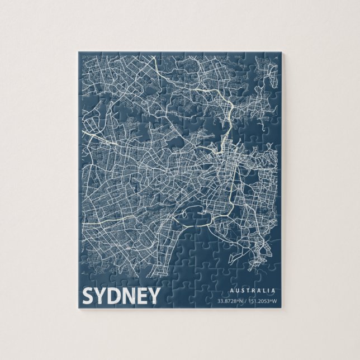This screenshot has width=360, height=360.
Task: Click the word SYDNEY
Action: (121, 296)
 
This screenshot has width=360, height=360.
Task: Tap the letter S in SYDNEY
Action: (89, 296)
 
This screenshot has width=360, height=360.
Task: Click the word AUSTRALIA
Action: (252, 291)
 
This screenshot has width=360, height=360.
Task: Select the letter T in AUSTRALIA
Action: (247, 291)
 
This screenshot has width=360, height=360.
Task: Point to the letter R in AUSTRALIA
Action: (253, 291)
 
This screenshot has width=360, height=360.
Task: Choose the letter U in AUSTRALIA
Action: (235, 291)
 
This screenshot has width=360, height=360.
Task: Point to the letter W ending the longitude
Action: (275, 302)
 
